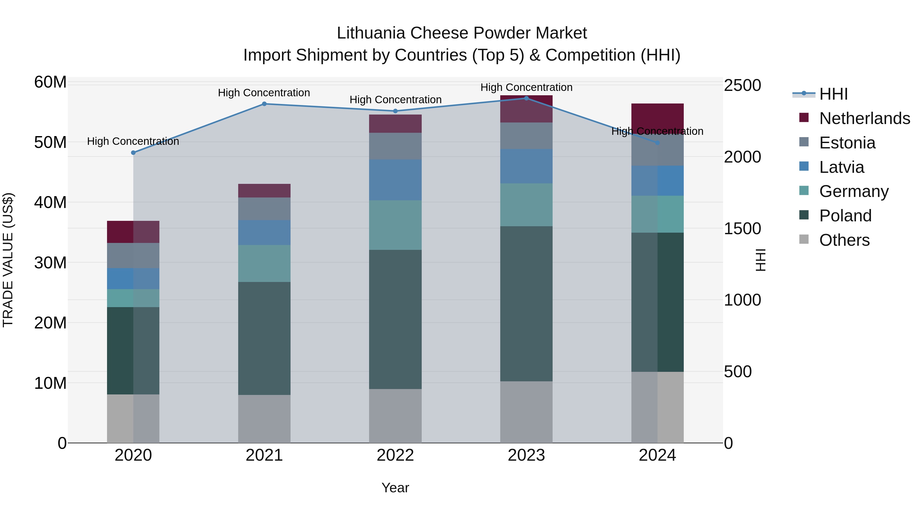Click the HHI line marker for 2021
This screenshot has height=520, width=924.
pos(264,104)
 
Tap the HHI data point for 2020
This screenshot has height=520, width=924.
pos(133,153)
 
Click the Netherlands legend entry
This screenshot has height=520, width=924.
pos(864,118)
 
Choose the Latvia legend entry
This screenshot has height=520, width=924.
pos(842,167)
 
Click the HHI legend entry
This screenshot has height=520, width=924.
pos(833,94)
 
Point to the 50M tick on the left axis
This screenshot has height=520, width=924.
pos(50,143)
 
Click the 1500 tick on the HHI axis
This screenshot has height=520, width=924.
pos(742,229)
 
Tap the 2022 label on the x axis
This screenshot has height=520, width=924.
pos(395,455)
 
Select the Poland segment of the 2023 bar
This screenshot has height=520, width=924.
pos(526,304)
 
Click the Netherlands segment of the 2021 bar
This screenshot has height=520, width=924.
pos(264,191)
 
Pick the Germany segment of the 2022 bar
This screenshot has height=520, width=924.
pos(395,225)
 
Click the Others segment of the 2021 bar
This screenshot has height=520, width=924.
pos(264,419)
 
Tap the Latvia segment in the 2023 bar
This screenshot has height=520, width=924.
pos(526,166)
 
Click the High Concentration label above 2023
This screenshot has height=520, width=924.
pos(526,87)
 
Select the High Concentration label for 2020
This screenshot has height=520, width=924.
pos(133,141)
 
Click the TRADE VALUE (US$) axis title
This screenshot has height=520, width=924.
pos(8,260)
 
